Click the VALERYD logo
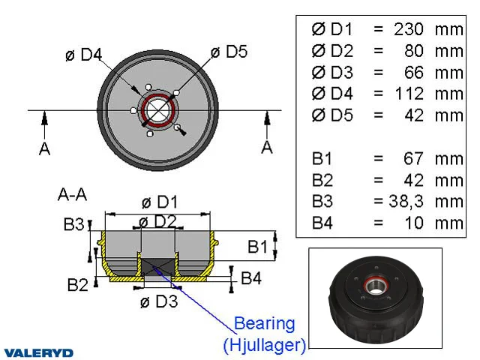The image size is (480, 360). pyautogui.click(x=39, y=352)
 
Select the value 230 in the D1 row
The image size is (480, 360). pyautogui.click(x=409, y=29)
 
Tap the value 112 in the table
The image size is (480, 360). pyautogui.click(x=409, y=94)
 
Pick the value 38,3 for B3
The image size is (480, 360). pyautogui.click(x=406, y=202)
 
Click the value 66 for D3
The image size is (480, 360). pyautogui.click(x=414, y=73)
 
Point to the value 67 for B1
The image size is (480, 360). pyautogui.click(x=413, y=158)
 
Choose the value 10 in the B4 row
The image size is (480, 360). pyautogui.click(x=414, y=223)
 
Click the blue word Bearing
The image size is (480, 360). pyautogui.click(x=265, y=325)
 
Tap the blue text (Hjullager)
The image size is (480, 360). pyautogui.click(x=265, y=345)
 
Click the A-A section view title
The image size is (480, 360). pyautogui.click(x=72, y=194)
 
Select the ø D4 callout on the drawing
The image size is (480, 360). pyautogui.click(x=83, y=55)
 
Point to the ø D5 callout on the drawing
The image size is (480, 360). pyautogui.click(x=229, y=52)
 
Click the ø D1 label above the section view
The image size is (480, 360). pyautogui.click(x=160, y=202)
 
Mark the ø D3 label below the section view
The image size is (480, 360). pyautogui.click(x=159, y=301)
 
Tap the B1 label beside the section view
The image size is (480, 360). pyautogui.click(x=257, y=247)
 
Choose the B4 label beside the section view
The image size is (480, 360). pyautogui.click(x=251, y=278)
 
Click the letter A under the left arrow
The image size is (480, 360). pyautogui.click(x=45, y=149)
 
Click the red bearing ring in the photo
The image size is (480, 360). pyautogui.click(x=376, y=286)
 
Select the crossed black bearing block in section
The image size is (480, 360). pyautogui.click(x=158, y=267)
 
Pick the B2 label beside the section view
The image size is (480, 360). pyautogui.click(x=77, y=285)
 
